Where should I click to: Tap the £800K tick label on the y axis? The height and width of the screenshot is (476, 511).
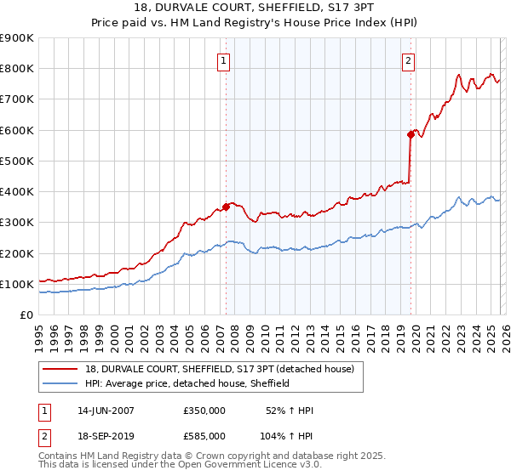tap(17, 69)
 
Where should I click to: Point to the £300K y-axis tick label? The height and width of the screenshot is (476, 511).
tap(17, 223)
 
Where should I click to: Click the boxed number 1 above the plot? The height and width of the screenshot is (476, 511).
tap(223, 60)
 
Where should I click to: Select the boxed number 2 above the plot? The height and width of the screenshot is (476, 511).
tap(409, 60)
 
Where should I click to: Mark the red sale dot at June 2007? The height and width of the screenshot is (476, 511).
tap(226, 207)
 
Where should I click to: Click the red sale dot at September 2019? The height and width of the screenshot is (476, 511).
tap(411, 134)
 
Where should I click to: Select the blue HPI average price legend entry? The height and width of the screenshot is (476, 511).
tap(187, 383)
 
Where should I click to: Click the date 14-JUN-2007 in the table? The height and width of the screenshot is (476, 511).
tap(106, 411)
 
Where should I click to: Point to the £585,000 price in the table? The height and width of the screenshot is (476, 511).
tap(204, 435)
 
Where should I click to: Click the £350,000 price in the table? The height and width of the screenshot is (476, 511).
tap(204, 411)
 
